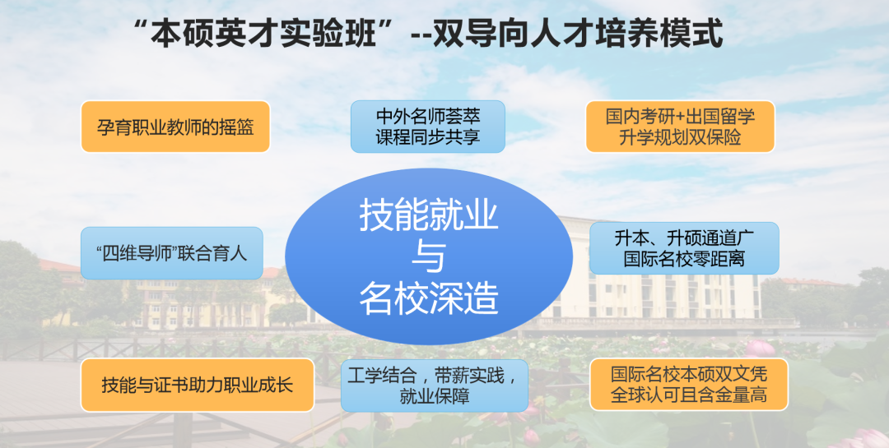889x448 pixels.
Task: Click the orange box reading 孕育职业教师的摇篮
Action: point(175,127)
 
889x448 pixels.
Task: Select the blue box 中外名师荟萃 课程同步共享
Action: point(427,127)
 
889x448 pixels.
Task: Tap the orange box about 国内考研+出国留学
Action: point(680,127)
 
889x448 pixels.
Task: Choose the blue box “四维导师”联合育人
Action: point(172,253)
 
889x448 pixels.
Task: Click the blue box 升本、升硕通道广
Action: point(684,248)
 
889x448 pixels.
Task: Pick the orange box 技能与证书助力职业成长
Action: point(198,386)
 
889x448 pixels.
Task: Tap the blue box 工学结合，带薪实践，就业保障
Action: point(435,386)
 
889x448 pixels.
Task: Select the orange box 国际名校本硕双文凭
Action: point(689,384)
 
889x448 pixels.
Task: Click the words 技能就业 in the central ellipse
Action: point(429,216)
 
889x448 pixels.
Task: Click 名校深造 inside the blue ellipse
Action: point(429,298)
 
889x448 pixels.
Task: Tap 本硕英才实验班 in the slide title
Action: point(263,33)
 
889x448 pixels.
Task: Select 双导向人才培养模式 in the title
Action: point(579,33)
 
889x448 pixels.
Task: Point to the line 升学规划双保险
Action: point(680,137)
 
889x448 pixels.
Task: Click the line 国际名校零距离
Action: point(684,259)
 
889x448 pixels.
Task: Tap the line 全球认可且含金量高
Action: point(689,395)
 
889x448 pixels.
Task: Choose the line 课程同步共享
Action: point(427,137)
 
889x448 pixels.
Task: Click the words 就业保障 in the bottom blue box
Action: point(435,396)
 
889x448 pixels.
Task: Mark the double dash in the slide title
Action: point(421,35)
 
